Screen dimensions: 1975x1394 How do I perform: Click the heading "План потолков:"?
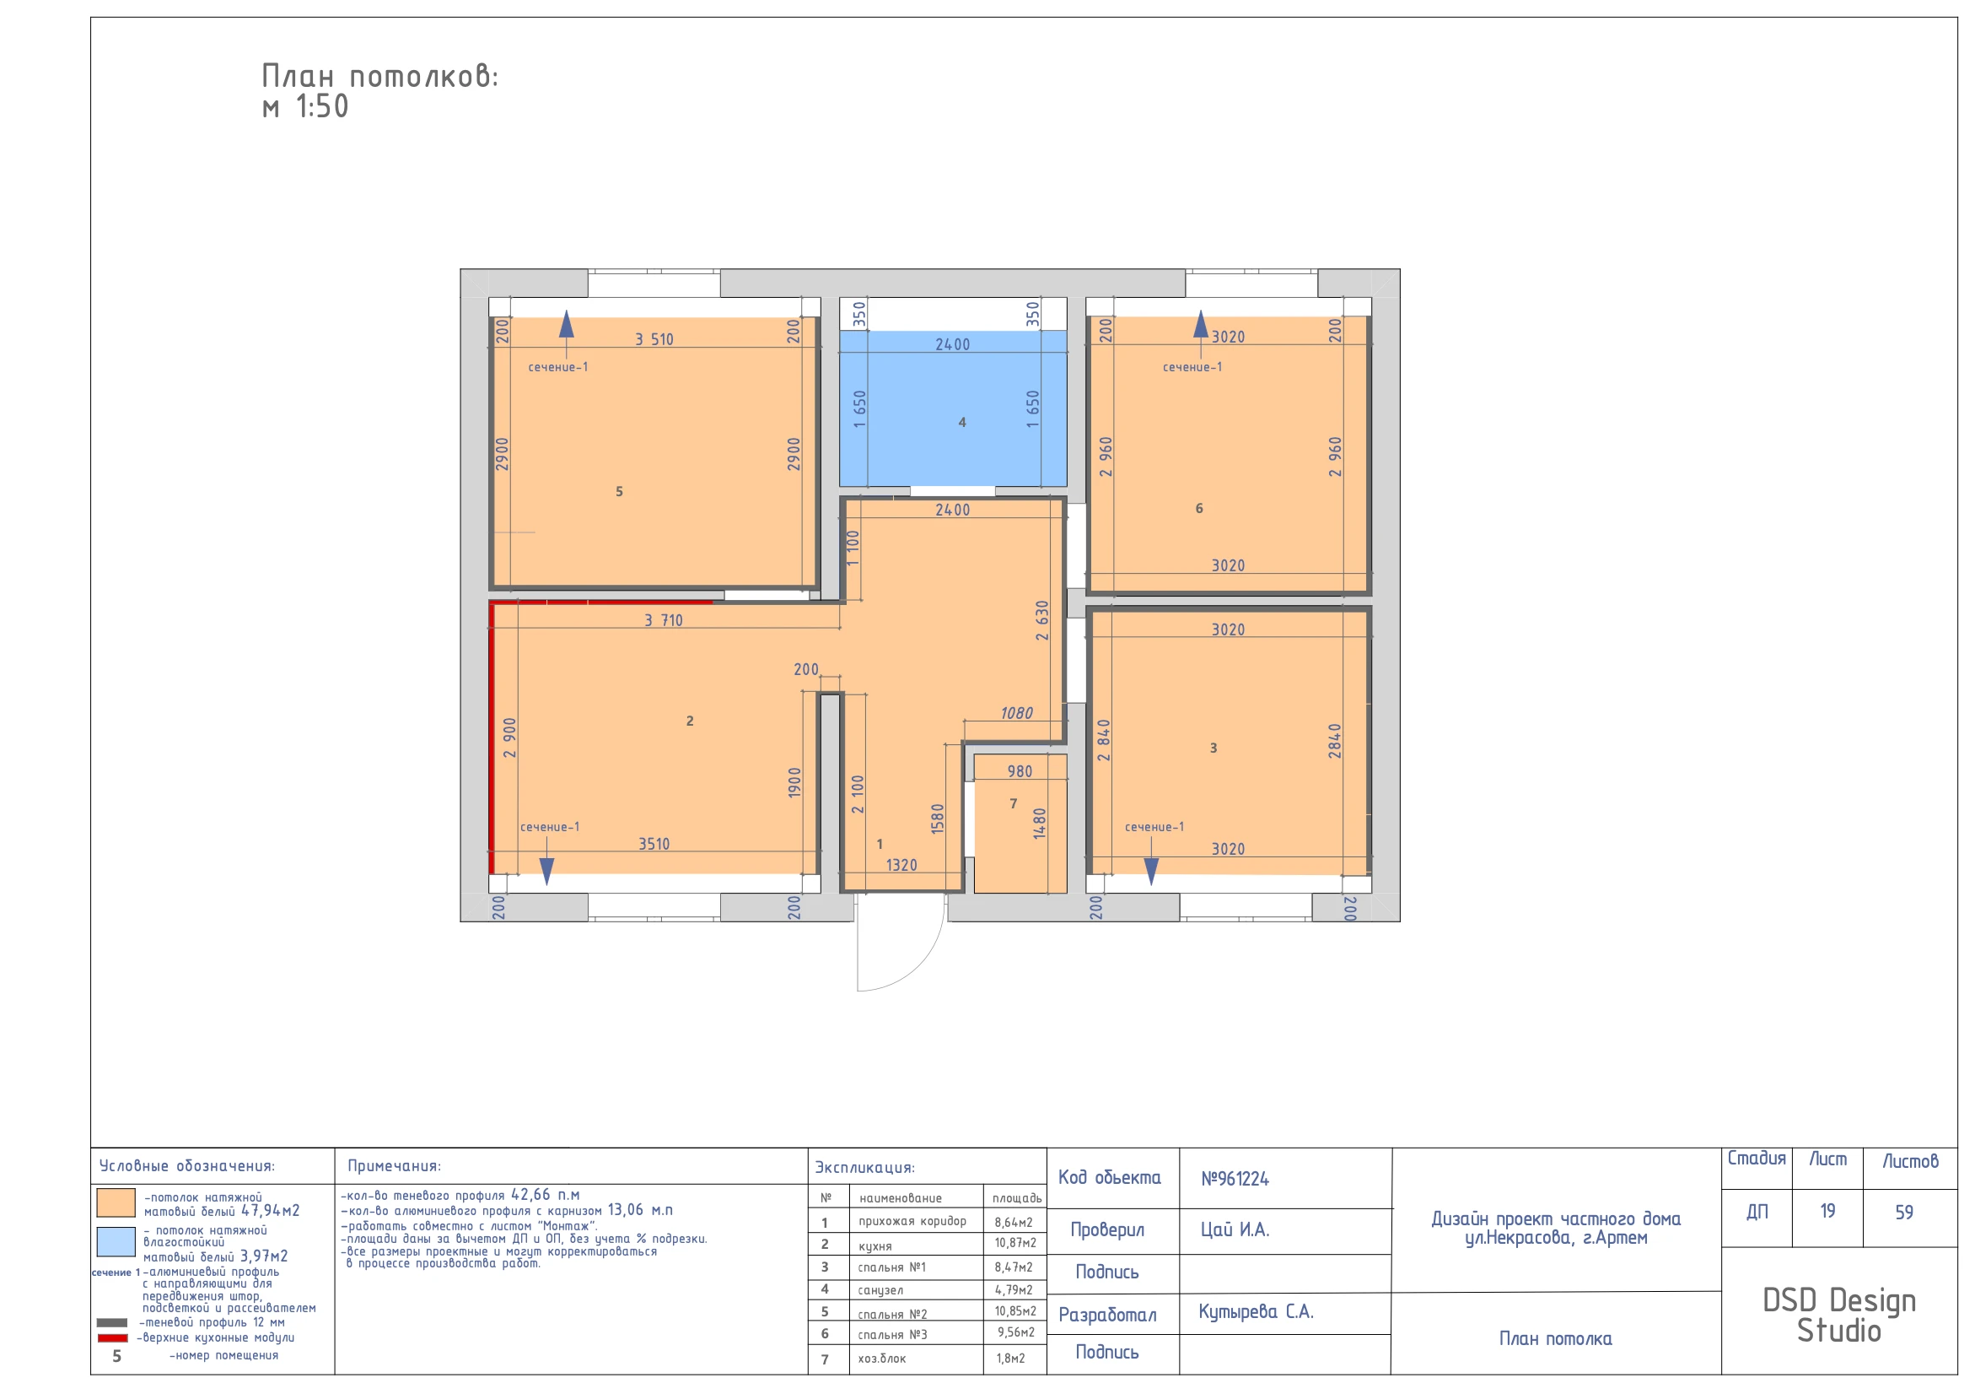(379, 77)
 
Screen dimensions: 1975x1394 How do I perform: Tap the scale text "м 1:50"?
(305, 106)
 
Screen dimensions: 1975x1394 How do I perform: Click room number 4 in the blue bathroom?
(961, 423)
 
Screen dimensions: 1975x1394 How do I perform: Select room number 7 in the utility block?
(1014, 803)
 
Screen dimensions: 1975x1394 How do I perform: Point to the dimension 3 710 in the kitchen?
(663, 620)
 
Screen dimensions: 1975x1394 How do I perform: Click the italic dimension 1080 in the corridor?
(1016, 713)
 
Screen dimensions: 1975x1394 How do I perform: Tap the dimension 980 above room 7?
(1020, 772)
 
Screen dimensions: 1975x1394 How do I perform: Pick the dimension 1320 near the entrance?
(901, 866)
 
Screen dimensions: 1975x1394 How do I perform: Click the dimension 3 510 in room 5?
(654, 340)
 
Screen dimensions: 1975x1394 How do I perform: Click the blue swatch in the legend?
(116, 1242)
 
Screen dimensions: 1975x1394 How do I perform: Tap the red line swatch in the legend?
(112, 1338)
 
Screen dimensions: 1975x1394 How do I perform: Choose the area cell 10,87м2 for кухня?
(1015, 1244)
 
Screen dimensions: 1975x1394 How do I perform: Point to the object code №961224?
(1235, 1179)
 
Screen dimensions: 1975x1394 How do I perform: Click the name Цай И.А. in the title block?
(1235, 1230)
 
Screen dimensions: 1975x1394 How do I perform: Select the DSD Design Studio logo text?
(1839, 1315)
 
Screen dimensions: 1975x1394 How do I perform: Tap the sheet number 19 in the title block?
(1827, 1212)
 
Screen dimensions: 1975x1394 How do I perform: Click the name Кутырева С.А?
(1256, 1312)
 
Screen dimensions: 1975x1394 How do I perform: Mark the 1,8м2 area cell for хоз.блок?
(1011, 1359)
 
